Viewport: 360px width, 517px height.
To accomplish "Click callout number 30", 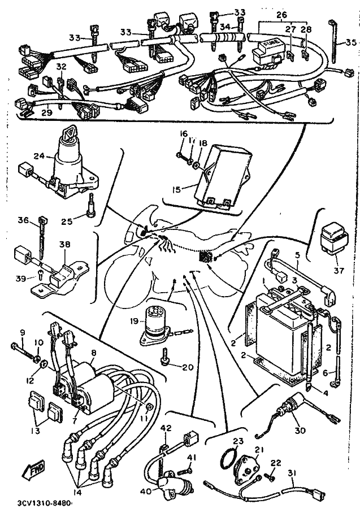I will [300, 430].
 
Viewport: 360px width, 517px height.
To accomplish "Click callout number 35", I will [350, 42].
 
